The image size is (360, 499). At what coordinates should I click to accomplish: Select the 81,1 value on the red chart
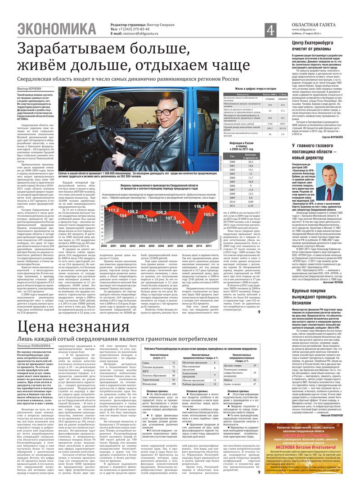click(189, 232)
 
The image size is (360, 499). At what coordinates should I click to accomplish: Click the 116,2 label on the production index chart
click(199, 206)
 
